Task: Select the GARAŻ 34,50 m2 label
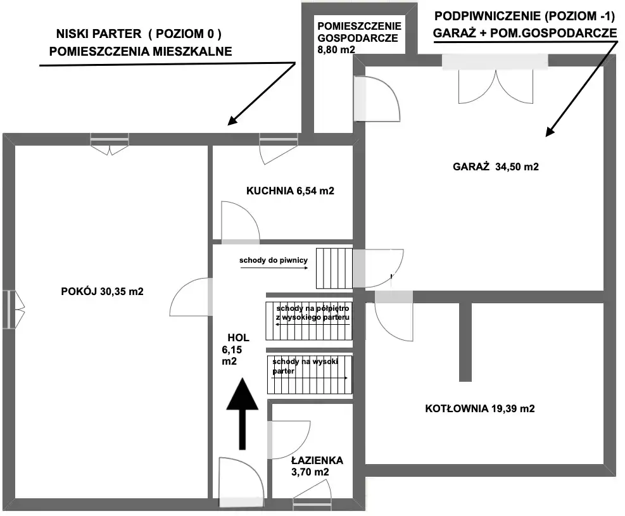(496, 167)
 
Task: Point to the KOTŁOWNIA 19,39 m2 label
(480, 408)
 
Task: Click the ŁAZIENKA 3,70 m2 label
(317, 466)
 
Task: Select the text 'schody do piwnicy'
(273, 260)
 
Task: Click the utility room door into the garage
(377, 98)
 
